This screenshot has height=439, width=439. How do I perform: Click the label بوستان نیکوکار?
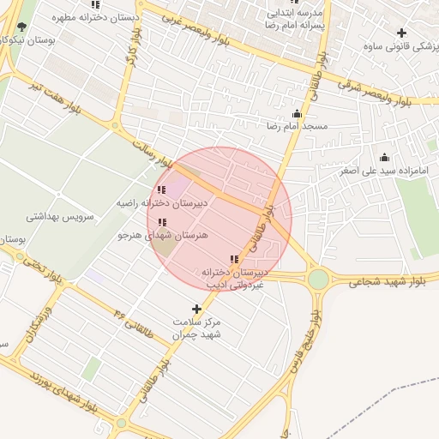click(x=27, y=39)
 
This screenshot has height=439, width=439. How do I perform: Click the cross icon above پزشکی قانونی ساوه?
click(x=401, y=33)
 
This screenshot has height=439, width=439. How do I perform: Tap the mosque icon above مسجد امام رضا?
click(x=298, y=113)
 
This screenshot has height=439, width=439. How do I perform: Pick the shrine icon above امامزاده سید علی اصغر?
click(x=384, y=158)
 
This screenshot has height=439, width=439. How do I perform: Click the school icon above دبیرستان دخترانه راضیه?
click(x=161, y=190)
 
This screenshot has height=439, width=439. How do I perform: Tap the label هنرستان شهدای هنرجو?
click(x=163, y=234)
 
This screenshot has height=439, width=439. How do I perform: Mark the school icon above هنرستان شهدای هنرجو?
click(x=162, y=222)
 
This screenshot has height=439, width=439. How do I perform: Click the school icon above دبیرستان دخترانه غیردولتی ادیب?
click(x=234, y=259)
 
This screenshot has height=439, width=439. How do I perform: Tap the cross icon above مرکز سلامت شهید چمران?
click(x=197, y=308)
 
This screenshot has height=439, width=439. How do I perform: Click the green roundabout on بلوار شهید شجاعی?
click(x=318, y=279)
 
